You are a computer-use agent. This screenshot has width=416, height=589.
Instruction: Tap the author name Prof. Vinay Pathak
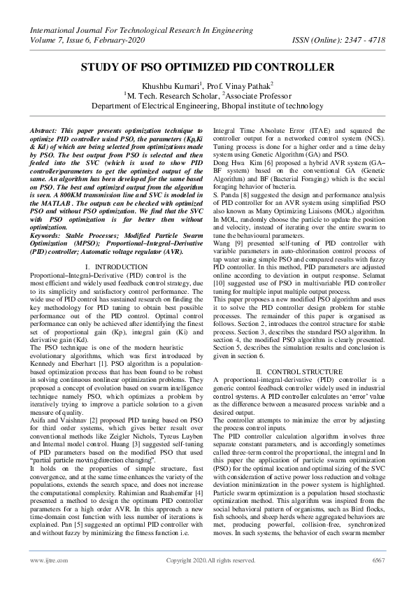click(232, 85)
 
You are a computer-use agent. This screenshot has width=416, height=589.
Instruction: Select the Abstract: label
click(46, 131)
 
